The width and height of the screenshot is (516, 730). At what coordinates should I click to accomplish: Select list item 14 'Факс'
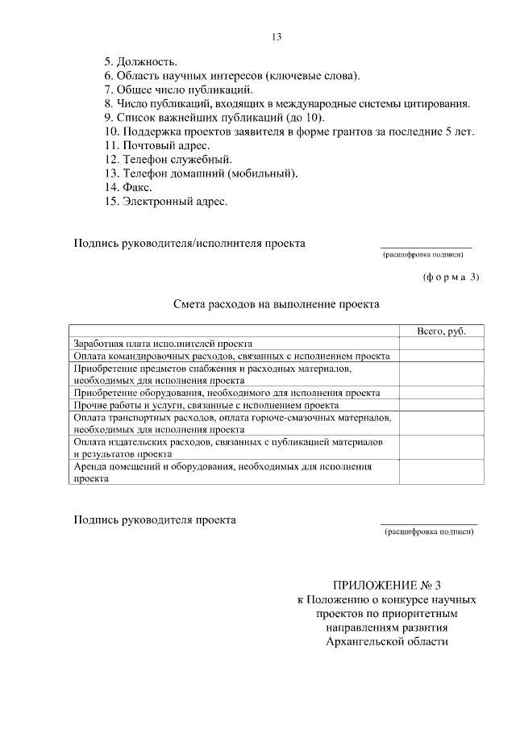tap(128, 187)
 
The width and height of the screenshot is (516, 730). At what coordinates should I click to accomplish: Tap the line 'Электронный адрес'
tap(165, 202)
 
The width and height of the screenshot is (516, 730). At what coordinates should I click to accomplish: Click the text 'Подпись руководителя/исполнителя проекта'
tap(189, 243)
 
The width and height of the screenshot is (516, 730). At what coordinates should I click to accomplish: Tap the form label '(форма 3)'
tap(450, 277)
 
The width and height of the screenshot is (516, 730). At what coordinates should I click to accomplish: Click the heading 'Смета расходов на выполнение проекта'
tap(276, 306)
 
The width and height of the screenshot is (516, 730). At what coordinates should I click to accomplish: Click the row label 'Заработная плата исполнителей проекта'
tap(163, 344)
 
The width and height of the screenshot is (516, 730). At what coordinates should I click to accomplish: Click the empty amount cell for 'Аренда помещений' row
tap(441, 472)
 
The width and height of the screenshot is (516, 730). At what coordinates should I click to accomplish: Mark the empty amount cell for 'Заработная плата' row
tap(441, 344)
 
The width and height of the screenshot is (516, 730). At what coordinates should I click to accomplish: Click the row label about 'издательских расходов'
tap(227, 448)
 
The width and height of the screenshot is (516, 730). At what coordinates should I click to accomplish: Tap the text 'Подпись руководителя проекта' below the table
tap(155, 520)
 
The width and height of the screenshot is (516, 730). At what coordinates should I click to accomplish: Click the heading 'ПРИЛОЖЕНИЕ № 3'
tap(388, 586)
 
